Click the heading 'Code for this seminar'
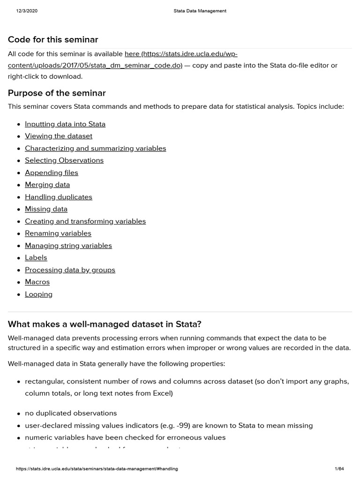point(53,39)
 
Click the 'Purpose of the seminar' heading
point(57,93)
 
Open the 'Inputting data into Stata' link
point(65,124)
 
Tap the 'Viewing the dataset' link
point(59,136)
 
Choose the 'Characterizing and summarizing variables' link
point(96,148)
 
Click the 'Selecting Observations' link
point(64,160)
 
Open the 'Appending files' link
point(52,172)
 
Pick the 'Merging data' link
point(47,185)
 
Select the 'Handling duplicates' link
point(59,197)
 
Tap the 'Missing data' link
point(46,209)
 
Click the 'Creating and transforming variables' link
point(85,221)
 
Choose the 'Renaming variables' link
point(58,233)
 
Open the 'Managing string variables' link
point(68,246)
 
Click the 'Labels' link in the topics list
point(36,258)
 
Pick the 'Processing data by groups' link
point(70,270)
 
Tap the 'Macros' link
point(37,282)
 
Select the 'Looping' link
point(38,294)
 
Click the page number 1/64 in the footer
point(339,469)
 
